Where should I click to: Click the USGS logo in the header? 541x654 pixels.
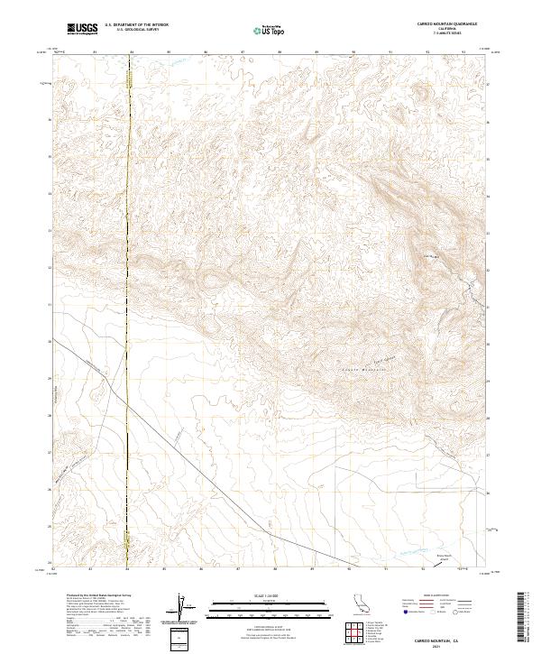pyautogui.click(x=83, y=29)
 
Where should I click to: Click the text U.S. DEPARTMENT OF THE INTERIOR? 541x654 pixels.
pyautogui.click(x=136, y=24)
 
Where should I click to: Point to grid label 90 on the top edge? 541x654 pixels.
pyautogui.click(x=353, y=52)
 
